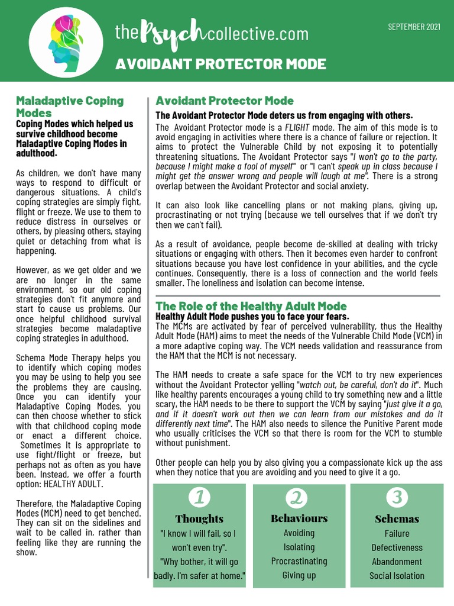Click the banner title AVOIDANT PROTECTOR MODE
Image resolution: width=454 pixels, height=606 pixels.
coord(220,64)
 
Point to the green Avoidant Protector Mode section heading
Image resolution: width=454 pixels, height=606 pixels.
coord(224,101)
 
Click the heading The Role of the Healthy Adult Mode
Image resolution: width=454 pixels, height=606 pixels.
coord(251,306)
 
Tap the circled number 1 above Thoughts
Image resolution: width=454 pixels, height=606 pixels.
coord(199,497)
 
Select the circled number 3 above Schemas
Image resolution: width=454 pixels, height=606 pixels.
coord(397,497)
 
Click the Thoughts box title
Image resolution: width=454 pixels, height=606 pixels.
coord(199,519)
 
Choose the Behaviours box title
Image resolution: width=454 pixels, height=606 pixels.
coord(299,518)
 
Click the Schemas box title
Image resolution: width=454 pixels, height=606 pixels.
coord(397,519)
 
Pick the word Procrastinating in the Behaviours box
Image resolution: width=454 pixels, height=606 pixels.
coord(299,561)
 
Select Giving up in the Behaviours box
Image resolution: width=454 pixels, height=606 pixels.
coord(299,575)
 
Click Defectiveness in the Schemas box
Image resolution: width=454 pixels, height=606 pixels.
coord(397,547)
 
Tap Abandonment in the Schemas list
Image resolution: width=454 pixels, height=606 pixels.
coord(397,562)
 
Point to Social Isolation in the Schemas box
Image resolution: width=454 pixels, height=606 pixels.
coord(397,576)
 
